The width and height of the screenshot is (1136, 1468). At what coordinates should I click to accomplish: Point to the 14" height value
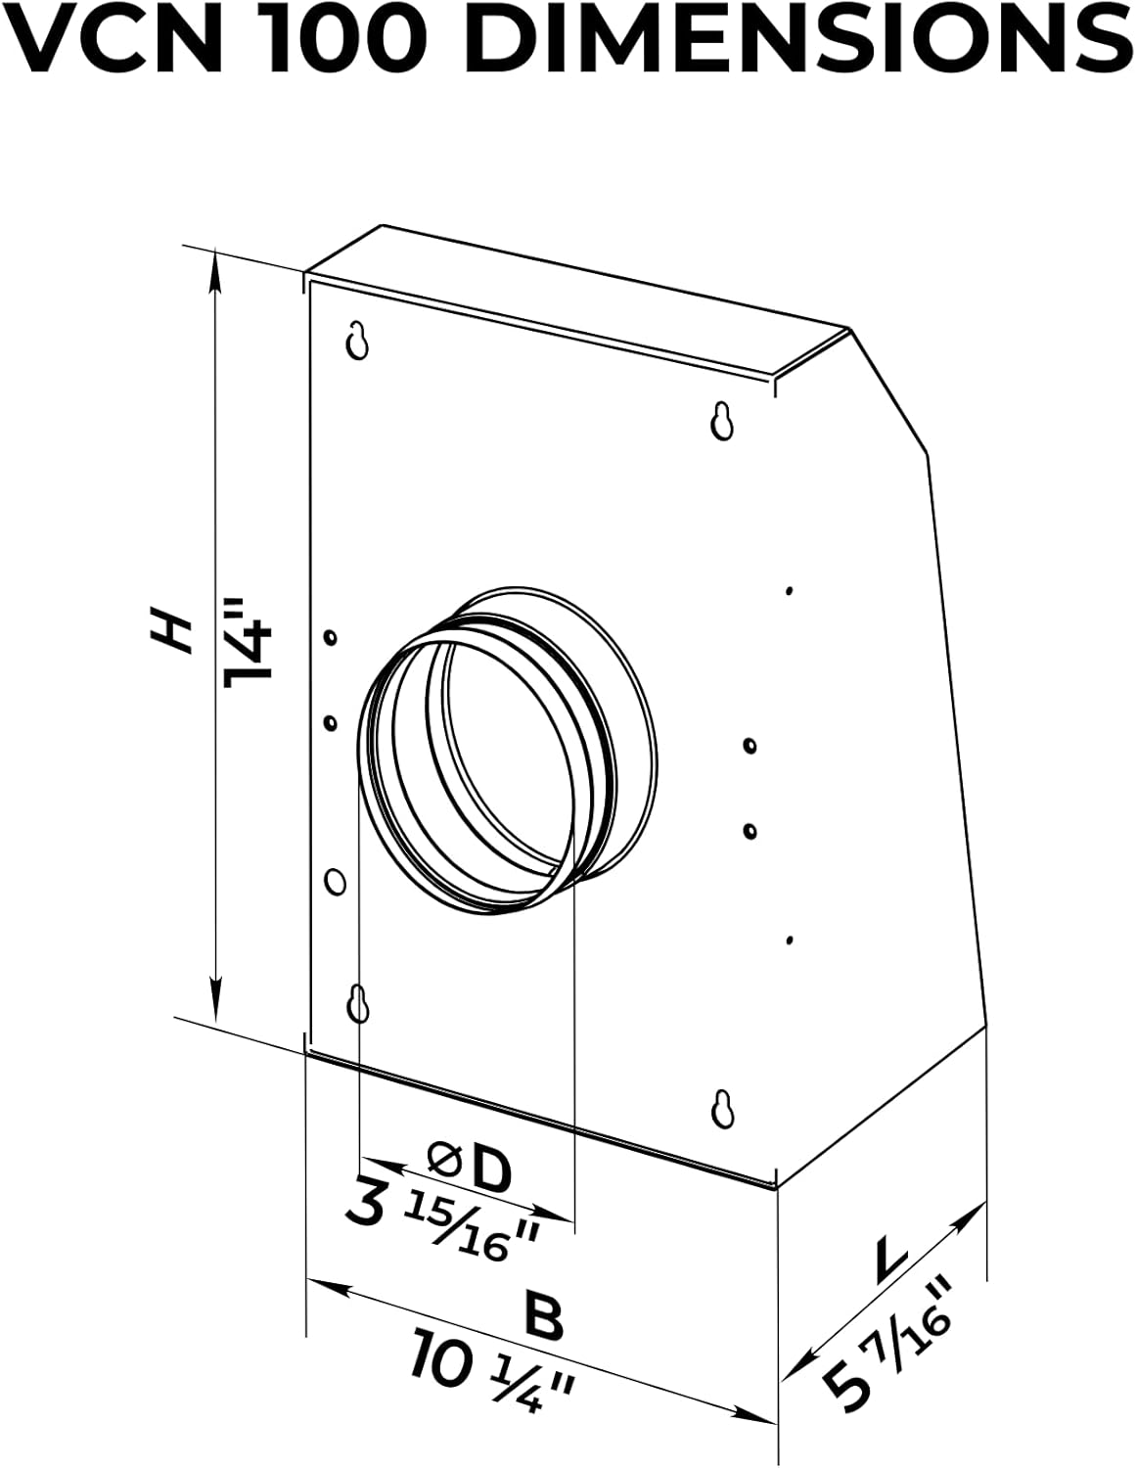click(x=245, y=647)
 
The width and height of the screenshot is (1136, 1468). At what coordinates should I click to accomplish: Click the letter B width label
click(x=544, y=1317)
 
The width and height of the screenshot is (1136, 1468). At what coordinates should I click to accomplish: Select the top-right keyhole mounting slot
click(x=722, y=421)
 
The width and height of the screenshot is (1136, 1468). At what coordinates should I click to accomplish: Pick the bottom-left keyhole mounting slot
click(x=359, y=1004)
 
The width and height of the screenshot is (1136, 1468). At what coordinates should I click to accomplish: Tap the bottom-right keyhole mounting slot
click(x=722, y=1108)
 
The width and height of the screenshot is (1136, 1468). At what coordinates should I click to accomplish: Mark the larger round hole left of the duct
click(x=335, y=881)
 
